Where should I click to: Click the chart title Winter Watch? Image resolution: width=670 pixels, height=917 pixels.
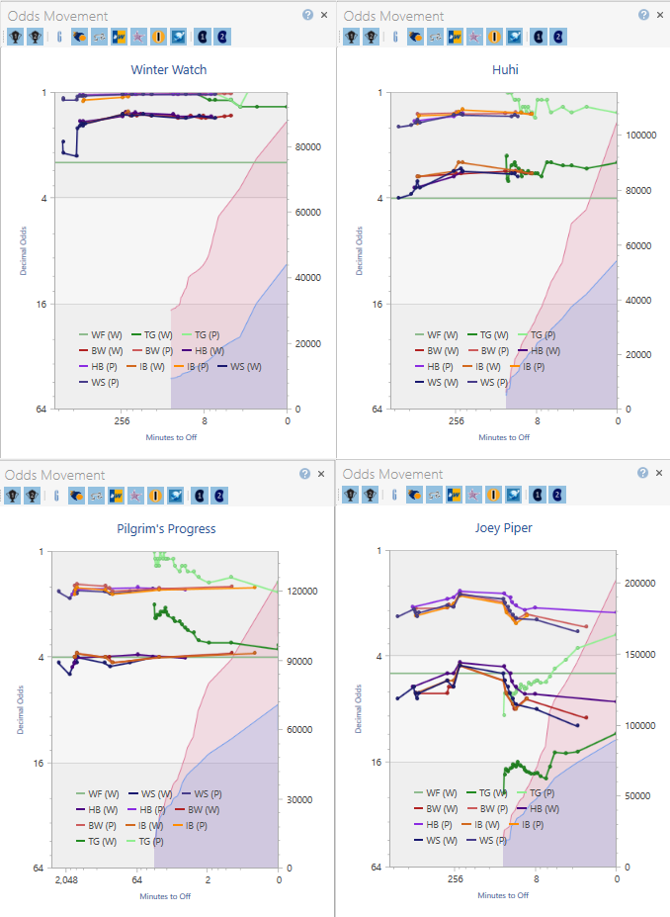pos(169,70)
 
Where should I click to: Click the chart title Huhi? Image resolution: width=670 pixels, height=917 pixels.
pos(505,70)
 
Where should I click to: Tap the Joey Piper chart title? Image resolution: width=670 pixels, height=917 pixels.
pos(505,528)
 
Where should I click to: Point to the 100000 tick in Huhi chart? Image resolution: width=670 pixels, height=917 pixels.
pos(644,136)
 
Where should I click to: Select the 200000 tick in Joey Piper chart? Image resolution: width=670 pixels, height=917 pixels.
pos(644,584)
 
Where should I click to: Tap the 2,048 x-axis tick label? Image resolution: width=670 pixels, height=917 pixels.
pos(65,879)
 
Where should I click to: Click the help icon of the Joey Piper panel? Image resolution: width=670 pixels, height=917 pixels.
pos(643,473)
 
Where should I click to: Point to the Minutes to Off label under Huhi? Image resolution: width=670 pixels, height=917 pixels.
pos(504,436)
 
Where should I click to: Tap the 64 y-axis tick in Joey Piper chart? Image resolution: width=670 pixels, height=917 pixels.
pos(377,868)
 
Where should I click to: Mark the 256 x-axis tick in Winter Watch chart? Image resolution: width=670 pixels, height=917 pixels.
pos(122,420)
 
